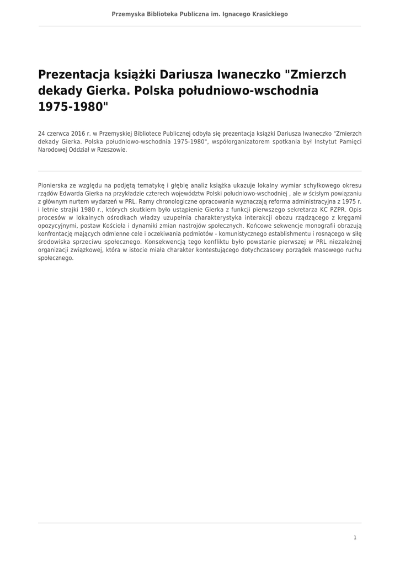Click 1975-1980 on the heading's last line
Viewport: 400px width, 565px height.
point(71,106)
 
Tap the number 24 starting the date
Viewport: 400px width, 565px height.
point(41,134)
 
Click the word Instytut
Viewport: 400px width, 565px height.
point(319,142)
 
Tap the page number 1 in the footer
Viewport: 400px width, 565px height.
point(355,537)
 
